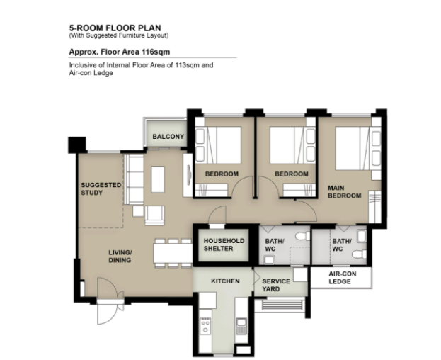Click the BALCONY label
click(168, 137)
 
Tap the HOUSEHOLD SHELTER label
click(224, 244)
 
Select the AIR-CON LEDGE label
click(343, 278)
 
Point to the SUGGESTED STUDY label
click(101, 189)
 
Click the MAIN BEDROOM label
click(344, 191)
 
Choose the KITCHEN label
click(225, 281)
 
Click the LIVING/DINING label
click(120, 257)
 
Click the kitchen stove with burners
click(205, 326)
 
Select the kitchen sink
click(241, 326)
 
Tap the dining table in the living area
click(173, 253)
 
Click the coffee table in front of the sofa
click(158, 179)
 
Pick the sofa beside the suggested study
click(134, 179)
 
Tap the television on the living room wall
click(189, 175)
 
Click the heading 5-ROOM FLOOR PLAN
click(115, 28)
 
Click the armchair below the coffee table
click(154, 215)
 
